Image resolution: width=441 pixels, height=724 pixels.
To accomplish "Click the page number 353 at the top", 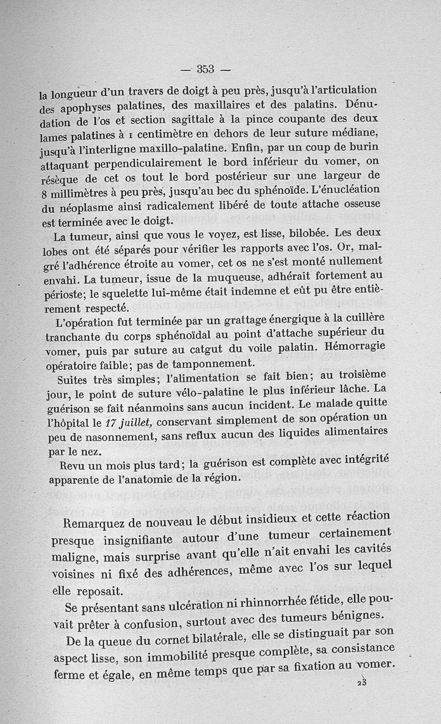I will click(205, 69).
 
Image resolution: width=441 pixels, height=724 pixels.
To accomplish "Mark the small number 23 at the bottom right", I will click(362, 682).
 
